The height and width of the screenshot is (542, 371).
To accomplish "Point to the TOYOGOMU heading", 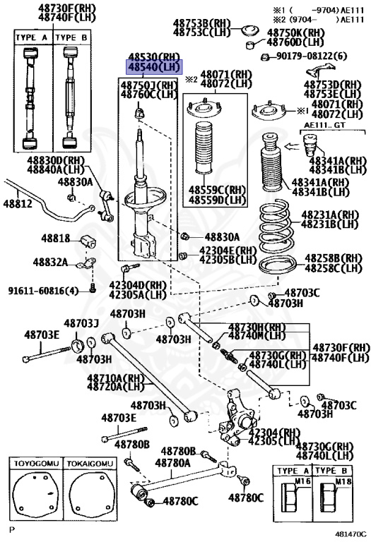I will pos(35,464).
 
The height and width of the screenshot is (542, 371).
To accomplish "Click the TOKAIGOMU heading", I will pos(88,464).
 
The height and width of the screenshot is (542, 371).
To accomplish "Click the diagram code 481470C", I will pos(351,534).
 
